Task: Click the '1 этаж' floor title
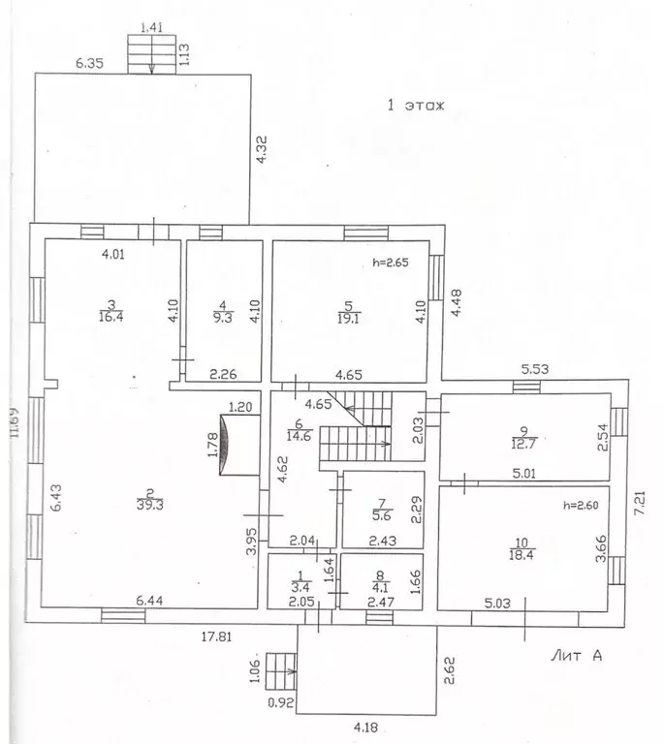tap(415, 106)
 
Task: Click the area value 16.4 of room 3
tap(111, 315)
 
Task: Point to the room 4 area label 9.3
tap(223, 315)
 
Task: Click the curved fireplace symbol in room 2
tap(229, 445)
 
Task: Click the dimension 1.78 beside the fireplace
tap(212, 445)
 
